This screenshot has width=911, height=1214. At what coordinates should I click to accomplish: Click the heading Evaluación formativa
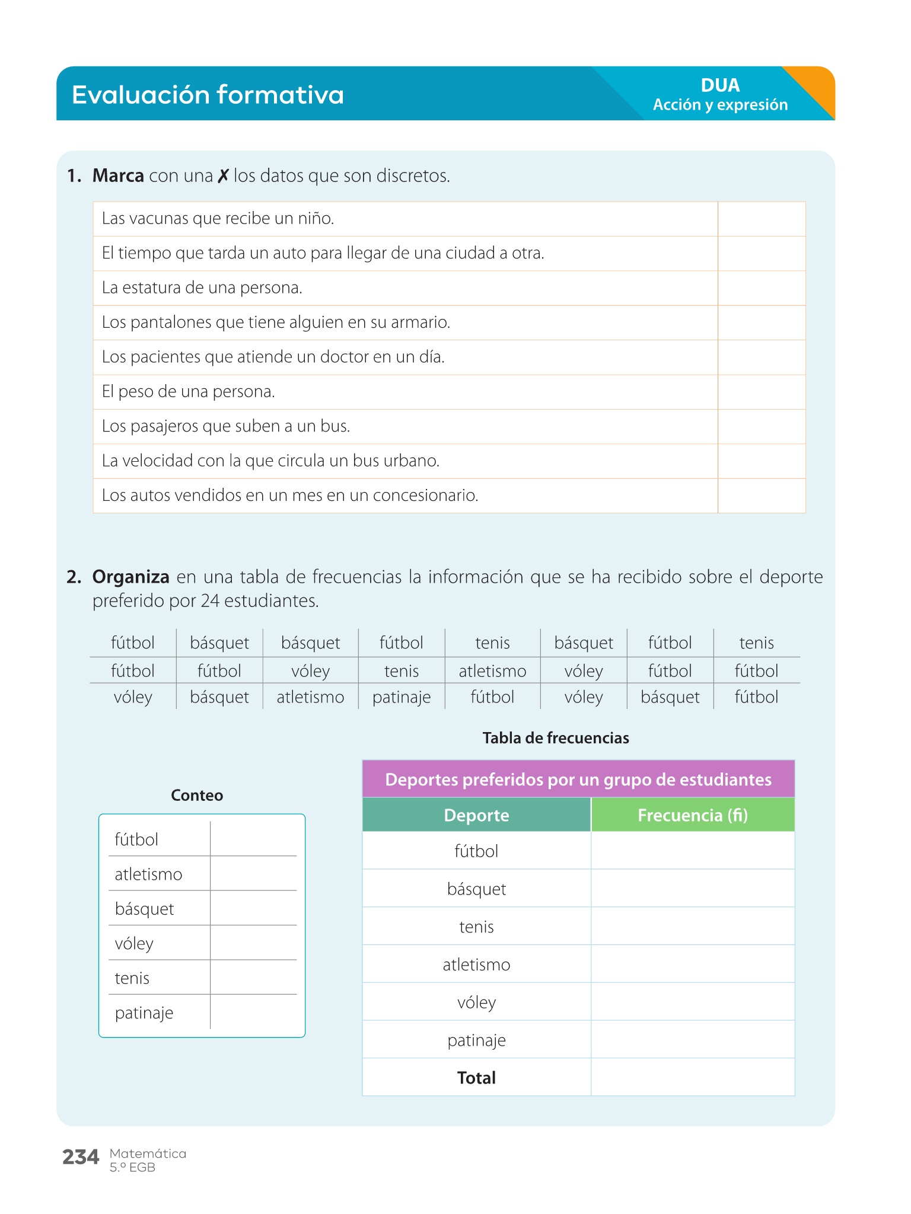208,95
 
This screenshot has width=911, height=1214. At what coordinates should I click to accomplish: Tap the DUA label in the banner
720,85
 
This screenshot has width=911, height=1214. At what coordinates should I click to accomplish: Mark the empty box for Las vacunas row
762,219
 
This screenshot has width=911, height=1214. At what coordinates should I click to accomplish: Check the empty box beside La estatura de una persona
762,289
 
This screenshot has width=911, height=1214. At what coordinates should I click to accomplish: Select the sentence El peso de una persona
189,392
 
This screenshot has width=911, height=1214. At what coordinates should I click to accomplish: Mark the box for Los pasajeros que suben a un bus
762,427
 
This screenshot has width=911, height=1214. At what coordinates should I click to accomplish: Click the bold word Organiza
131,577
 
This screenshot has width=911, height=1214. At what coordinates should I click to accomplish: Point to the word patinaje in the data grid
402,697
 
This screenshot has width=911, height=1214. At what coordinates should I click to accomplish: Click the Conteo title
197,796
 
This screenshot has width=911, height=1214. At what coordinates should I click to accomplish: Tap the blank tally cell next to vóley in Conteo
253,943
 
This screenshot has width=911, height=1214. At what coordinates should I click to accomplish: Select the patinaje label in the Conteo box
144,1013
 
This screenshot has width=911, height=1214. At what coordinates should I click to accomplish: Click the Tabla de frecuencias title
556,738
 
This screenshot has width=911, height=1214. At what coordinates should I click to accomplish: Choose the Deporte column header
476,815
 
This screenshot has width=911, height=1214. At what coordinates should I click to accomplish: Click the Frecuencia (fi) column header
693,815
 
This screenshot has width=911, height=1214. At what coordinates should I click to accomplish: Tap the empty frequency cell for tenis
693,927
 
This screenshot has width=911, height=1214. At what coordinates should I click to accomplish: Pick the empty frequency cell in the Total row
693,1078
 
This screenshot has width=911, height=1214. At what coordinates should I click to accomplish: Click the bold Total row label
476,1078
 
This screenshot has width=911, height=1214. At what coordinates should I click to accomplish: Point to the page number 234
81,1157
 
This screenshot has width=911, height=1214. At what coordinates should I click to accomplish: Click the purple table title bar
578,779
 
